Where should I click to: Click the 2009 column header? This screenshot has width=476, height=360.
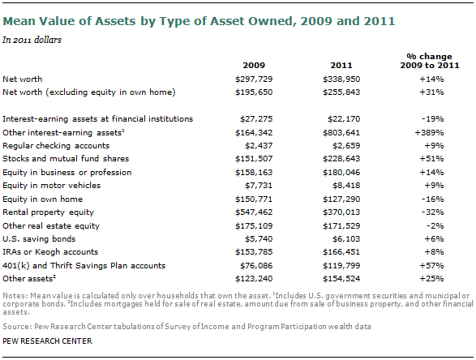pyautogui.click(x=254, y=65)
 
